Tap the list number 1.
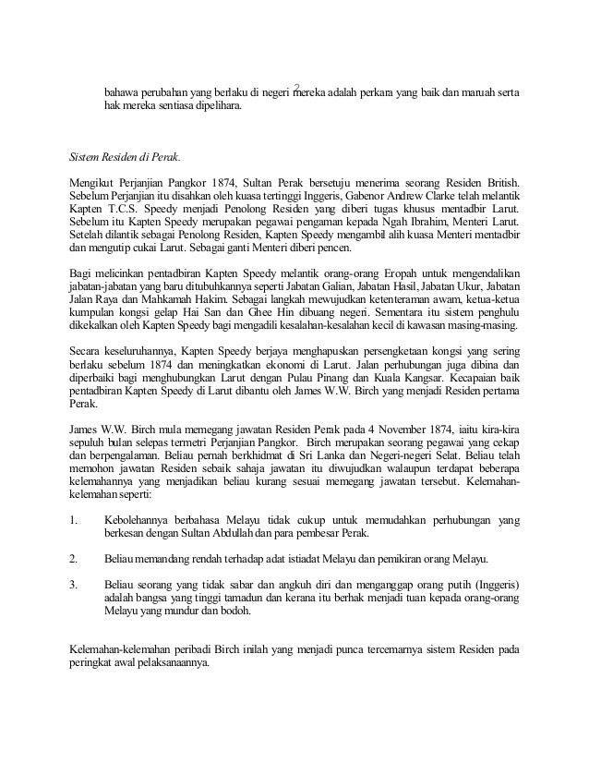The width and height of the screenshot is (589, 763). click(74, 519)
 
